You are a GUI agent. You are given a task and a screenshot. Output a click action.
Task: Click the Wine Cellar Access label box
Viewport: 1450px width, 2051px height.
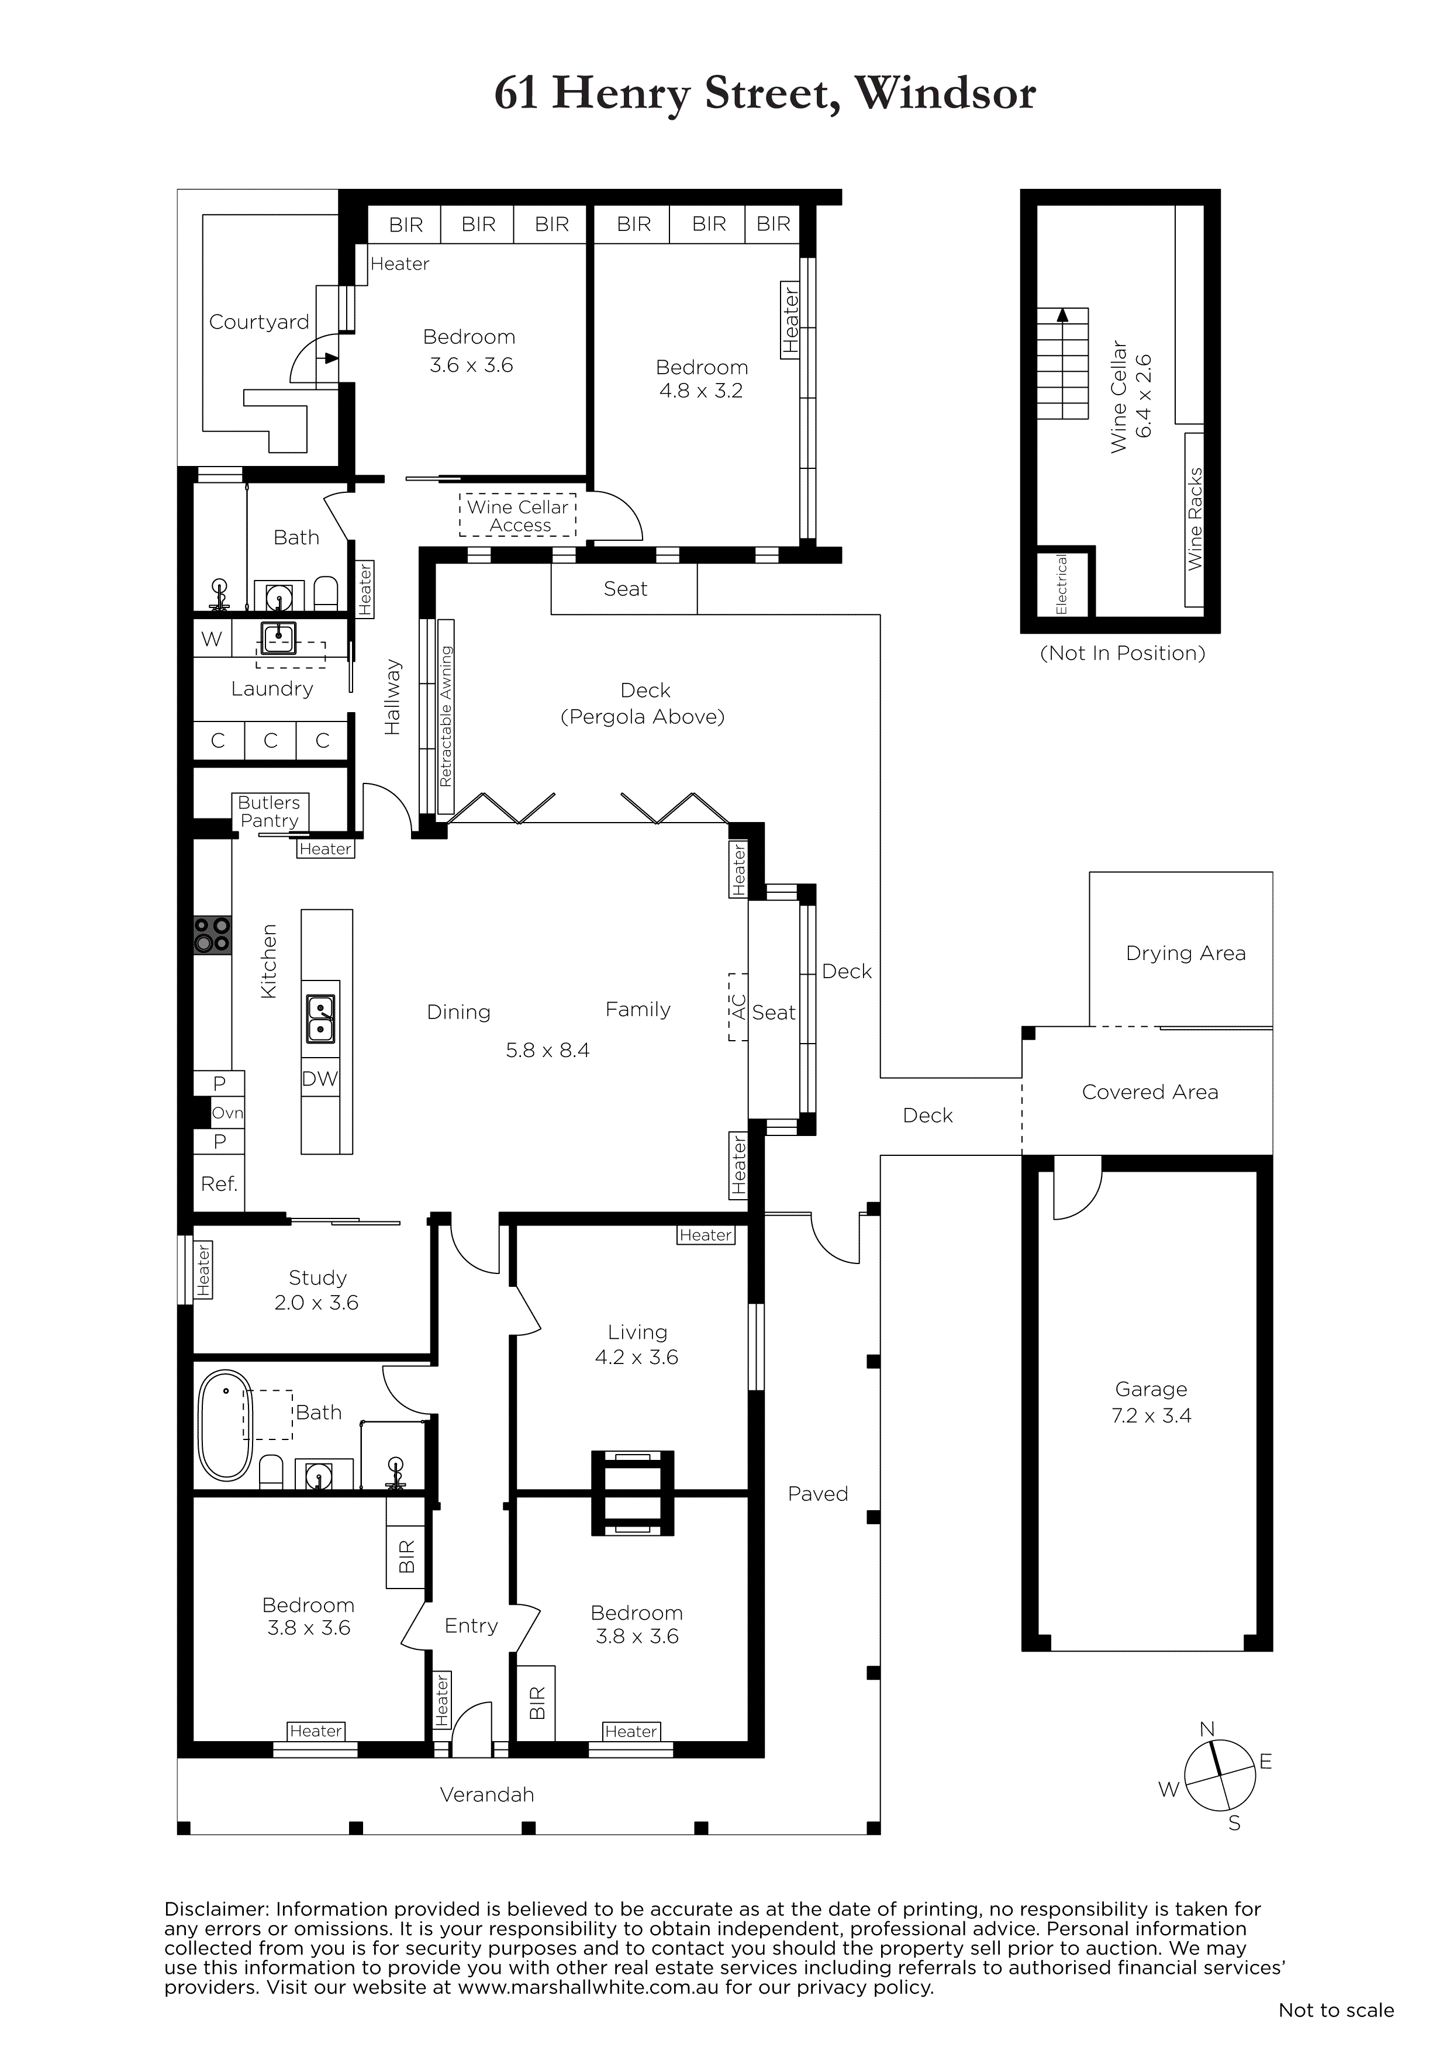pos(518,515)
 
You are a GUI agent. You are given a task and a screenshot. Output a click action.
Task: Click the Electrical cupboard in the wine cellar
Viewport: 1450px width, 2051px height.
pos(1062,584)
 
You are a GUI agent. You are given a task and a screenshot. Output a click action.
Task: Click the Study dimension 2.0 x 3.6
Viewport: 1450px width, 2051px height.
pos(316,1303)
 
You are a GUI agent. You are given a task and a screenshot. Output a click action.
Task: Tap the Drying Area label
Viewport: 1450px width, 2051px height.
pos(1186,953)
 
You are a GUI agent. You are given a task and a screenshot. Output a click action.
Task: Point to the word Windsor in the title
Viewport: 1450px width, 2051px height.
pos(945,94)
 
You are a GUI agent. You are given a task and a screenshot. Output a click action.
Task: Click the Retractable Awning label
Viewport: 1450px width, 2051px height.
pos(446,716)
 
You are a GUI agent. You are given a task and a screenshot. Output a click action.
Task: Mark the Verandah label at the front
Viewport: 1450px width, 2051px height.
pos(487,1795)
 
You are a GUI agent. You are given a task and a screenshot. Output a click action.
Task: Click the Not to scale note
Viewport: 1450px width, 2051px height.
pos(1335,2028)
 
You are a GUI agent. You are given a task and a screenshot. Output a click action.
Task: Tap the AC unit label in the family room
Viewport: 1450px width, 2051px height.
pos(738,1007)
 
